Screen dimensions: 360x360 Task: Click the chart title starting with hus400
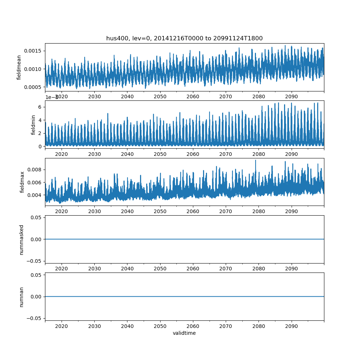[x=184, y=38]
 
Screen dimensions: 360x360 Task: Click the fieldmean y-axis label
[x=19, y=68]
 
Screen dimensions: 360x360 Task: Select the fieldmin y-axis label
[x=33, y=125]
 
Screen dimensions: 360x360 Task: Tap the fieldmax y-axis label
[x=22, y=182]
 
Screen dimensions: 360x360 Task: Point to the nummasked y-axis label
[x=22, y=240]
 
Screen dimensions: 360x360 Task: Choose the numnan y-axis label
[x=22, y=297]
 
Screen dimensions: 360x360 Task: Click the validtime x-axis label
[x=184, y=333]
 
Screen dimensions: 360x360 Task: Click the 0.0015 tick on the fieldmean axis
[x=33, y=51]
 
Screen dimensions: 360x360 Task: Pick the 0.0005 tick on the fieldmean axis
[x=33, y=87]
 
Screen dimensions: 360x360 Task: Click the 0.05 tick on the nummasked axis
[x=36, y=217]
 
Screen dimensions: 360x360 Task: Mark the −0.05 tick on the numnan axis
[x=35, y=318]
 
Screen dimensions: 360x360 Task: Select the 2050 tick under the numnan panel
[x=160, y=326]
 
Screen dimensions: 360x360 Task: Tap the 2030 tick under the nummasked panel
[x=94, y=269]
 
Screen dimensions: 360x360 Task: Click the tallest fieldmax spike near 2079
[x=256, y=161]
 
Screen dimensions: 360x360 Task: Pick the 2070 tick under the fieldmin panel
[x=226, y=154]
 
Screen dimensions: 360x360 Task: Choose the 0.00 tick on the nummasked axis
[x=36, y=239]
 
